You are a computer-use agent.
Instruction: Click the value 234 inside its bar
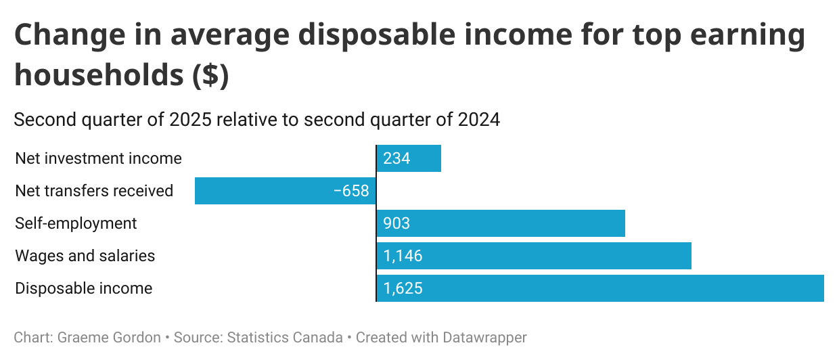click(396, 158)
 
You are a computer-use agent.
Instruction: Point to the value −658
click(351, 191)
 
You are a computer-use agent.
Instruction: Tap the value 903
click(396, 223)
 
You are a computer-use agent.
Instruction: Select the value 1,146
click(403, 256)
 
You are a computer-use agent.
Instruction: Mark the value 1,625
click(403, 288)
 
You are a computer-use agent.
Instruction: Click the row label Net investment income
click(98, 158)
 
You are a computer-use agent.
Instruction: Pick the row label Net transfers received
click(94, 191)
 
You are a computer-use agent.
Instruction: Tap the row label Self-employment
click(76, 223)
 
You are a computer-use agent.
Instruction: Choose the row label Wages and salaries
click(85, 256)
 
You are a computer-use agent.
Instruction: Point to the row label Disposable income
click(84, 288)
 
